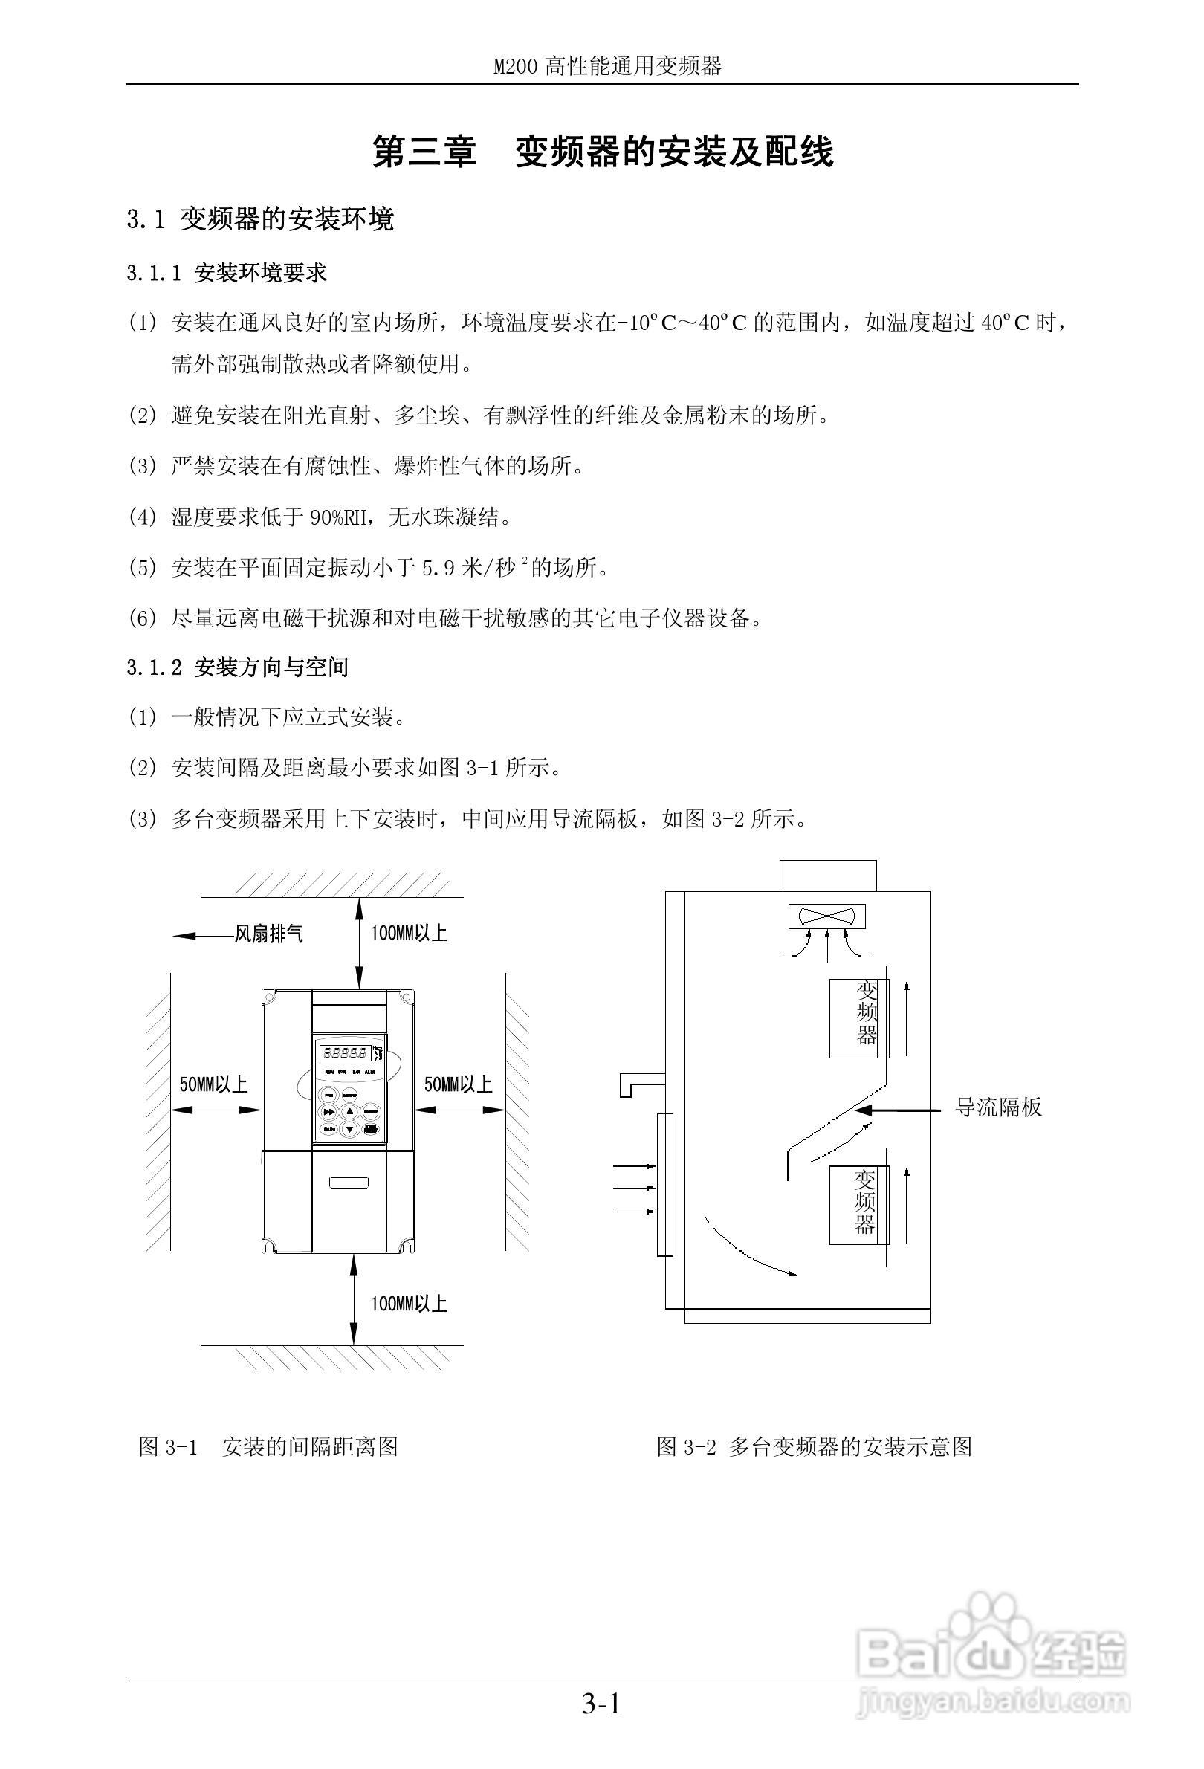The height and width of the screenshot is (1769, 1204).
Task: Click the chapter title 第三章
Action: click(423, 152)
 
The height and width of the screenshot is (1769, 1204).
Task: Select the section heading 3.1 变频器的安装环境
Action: click(260, 220)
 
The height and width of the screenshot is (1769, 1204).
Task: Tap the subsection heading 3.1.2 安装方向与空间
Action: click(237, 667)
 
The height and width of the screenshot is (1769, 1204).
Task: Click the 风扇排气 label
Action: click(268, 934)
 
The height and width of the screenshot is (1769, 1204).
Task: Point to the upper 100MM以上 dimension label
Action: click(409, 934)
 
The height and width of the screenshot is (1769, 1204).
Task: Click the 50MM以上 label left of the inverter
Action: click(214, 1084)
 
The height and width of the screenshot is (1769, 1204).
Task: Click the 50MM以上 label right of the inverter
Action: click(458, 1084)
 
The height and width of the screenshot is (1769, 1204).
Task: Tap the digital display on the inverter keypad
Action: click(347, 1053)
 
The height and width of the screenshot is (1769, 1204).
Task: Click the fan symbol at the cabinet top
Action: click(827, 916)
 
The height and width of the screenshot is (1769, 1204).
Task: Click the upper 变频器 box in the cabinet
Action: click(858, 1017)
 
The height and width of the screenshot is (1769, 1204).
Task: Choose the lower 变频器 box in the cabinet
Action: click(858, 1205)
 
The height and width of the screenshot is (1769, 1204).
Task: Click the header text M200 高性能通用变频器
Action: click(606, 67)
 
